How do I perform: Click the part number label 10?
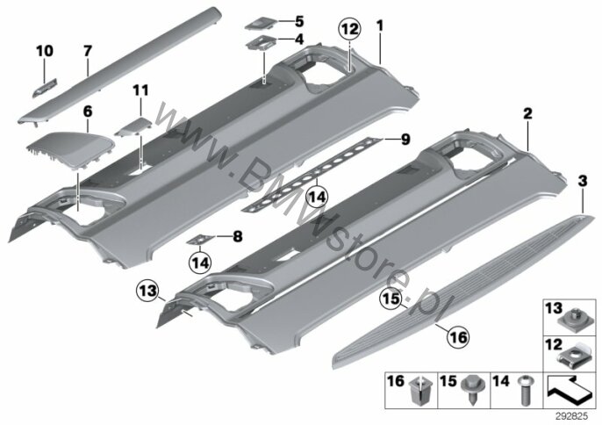point(45,51)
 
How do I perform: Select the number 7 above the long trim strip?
point(88,50)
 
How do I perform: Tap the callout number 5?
point(299,22)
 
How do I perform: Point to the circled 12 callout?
point(350,30)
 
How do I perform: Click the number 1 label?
point(380,26)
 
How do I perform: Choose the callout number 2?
point(528,113)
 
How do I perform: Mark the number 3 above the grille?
point(583,181)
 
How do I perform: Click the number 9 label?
point(405,140)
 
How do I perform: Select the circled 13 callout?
point(148,291)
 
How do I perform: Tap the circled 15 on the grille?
point(391,299)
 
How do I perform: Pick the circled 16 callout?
point(459,337)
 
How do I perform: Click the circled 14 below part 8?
point(200,263)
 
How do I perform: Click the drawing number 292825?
point(572,416)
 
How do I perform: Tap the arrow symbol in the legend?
point(570,390)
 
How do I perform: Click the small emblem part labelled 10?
point(44,88)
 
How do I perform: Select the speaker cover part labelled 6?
point(71,148)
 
